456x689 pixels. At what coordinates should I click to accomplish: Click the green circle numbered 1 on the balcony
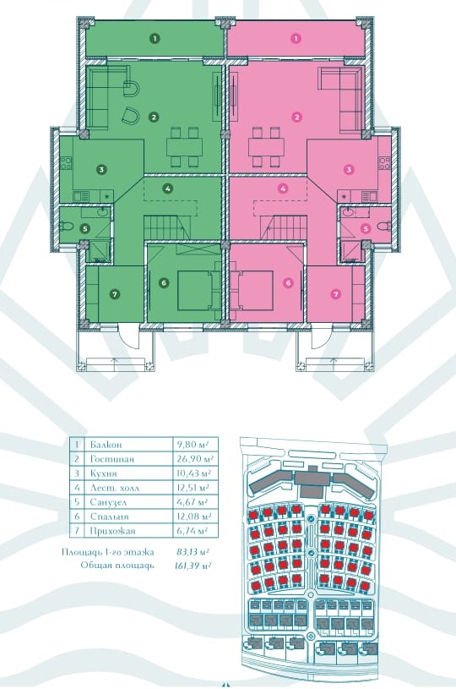coord(154,38)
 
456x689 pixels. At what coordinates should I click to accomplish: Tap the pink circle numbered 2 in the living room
coord(297,117)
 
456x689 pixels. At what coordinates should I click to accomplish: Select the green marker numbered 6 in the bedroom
coord(164,283)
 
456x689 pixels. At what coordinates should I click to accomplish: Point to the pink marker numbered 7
coord(336,294)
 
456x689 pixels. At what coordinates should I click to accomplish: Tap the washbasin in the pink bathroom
coord(350,212)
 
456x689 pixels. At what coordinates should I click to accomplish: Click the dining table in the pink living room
coord(266,147)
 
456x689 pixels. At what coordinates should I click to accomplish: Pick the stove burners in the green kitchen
coord(66,163)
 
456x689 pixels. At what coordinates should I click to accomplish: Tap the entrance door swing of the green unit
coord(129,336)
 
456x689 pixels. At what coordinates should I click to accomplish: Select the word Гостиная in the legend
coord(112,459)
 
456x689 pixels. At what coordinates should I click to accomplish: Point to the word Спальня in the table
coord(109,517)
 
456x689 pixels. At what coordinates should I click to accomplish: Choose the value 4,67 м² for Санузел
coord(192,502)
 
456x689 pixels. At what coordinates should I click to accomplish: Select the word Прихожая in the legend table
coord(112,531)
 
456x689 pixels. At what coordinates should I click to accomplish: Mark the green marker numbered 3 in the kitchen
coord(101,169)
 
